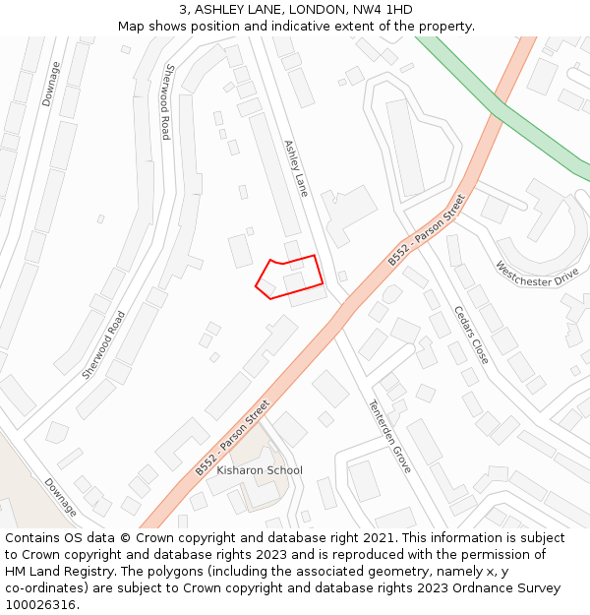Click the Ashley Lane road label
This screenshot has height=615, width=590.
[296, 167]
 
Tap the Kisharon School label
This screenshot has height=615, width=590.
[260, 470]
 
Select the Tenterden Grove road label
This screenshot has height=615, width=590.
[389, 436]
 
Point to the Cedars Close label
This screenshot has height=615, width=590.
[471, 336]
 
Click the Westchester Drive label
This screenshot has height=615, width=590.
[537, 274]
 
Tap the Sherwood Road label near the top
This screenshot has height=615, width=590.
[168, 101]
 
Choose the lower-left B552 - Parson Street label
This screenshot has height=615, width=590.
[232, 438]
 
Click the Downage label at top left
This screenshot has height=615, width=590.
[51, 84]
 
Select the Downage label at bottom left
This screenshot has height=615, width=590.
[60, 497]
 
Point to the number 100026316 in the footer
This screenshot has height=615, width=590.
[40, 605]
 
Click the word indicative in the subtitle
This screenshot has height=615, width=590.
[337, 26]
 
